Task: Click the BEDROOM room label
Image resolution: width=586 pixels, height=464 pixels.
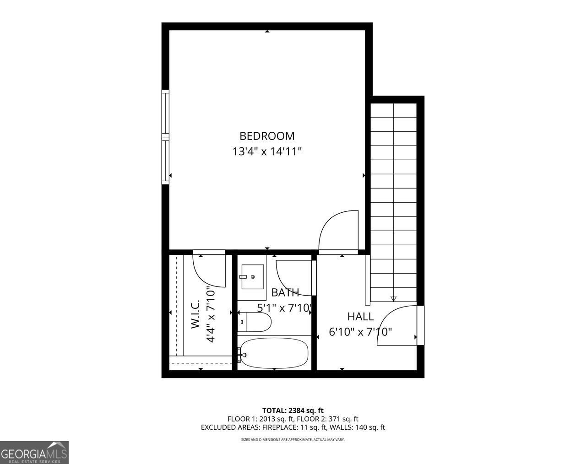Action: (x=267, y=136)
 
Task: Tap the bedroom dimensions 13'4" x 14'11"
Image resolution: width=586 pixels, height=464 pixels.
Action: (x=267, y=151)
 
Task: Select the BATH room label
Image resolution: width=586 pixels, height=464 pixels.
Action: (x=285, y=293)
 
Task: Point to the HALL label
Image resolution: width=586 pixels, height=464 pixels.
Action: (x=360, y=316)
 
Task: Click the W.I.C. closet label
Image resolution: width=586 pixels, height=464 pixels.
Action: (x=195, y=314)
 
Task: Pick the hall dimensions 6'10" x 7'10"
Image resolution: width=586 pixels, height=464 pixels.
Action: (x=360, y=332)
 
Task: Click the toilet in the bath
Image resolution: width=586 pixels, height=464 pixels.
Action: (x=255, y=322)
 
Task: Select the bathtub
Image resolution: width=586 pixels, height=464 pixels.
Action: (x=274, y=352)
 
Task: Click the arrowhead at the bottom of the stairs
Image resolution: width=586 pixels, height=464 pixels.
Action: (x=393, y=299)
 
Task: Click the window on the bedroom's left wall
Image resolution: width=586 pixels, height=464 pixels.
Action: (x=165, y=137)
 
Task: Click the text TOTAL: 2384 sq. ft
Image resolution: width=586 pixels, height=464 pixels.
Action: (x=293, y=410)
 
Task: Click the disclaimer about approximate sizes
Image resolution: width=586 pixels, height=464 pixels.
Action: (x=293, y=440)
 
